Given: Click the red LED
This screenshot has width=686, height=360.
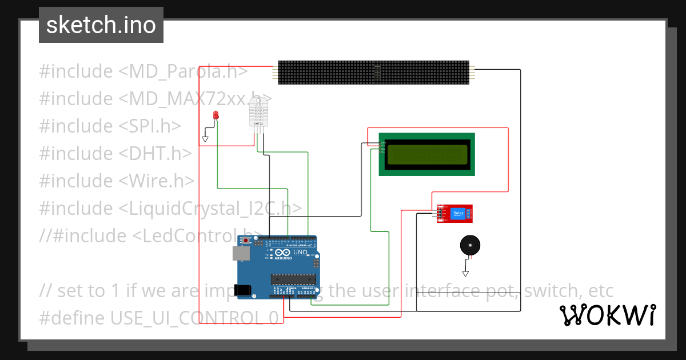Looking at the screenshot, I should [x=216, y=115].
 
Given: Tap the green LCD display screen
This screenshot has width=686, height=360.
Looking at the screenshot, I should [x=427, y=155].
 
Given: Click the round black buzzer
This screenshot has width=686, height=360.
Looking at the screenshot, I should [x=470, y=246].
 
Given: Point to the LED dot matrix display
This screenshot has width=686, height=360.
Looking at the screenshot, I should [x=374, y=73].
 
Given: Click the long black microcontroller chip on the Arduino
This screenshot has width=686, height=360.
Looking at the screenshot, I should [x=293, y=279].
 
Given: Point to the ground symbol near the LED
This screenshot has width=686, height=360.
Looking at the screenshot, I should [x=205, y=138].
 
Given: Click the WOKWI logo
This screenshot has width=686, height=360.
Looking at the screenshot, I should [x=607, y=315].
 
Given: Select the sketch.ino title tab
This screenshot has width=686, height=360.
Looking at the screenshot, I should [x=101, y=25].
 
